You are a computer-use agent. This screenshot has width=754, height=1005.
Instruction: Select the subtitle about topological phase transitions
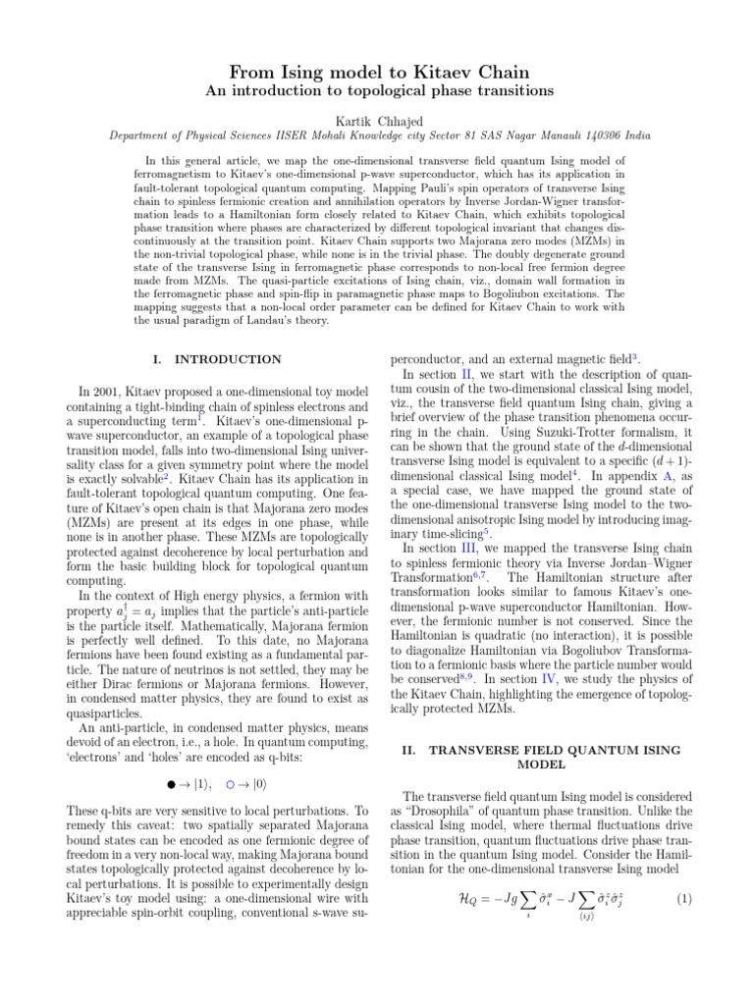[378, 91]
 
